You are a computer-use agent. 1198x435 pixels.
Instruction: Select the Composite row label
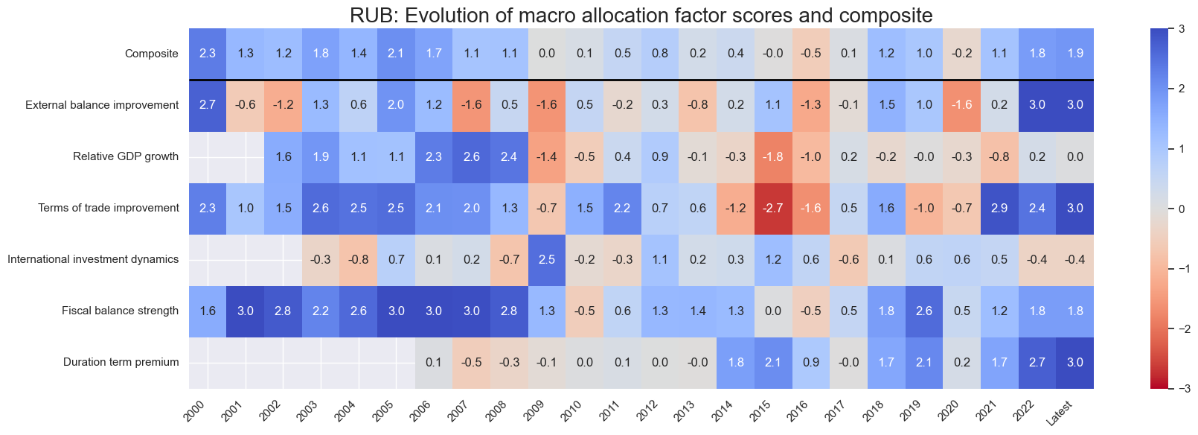coord(152,54)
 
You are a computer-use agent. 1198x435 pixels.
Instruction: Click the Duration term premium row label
coord(121,363)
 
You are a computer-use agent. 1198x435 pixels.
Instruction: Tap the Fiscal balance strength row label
coord(120,311)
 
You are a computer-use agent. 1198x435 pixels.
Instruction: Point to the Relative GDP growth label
coord(126,157)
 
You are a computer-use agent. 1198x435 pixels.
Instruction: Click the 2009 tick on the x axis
coord(539,408)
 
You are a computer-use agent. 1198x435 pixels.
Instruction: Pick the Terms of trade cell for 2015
coord(773,209)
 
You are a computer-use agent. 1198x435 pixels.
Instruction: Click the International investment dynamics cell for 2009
coord(547,260)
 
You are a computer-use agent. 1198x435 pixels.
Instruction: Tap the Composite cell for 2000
coord(208,54)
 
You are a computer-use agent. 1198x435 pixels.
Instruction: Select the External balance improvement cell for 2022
coord(1037,105)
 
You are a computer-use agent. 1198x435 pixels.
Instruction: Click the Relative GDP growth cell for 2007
coord(471,157)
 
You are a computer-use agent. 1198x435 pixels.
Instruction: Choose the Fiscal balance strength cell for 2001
coord(246,311)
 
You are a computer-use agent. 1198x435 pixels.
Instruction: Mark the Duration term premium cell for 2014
coord(735,363)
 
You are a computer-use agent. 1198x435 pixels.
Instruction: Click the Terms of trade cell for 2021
coord(999,209)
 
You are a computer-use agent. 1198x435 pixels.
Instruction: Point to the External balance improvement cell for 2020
coord(961,105)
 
